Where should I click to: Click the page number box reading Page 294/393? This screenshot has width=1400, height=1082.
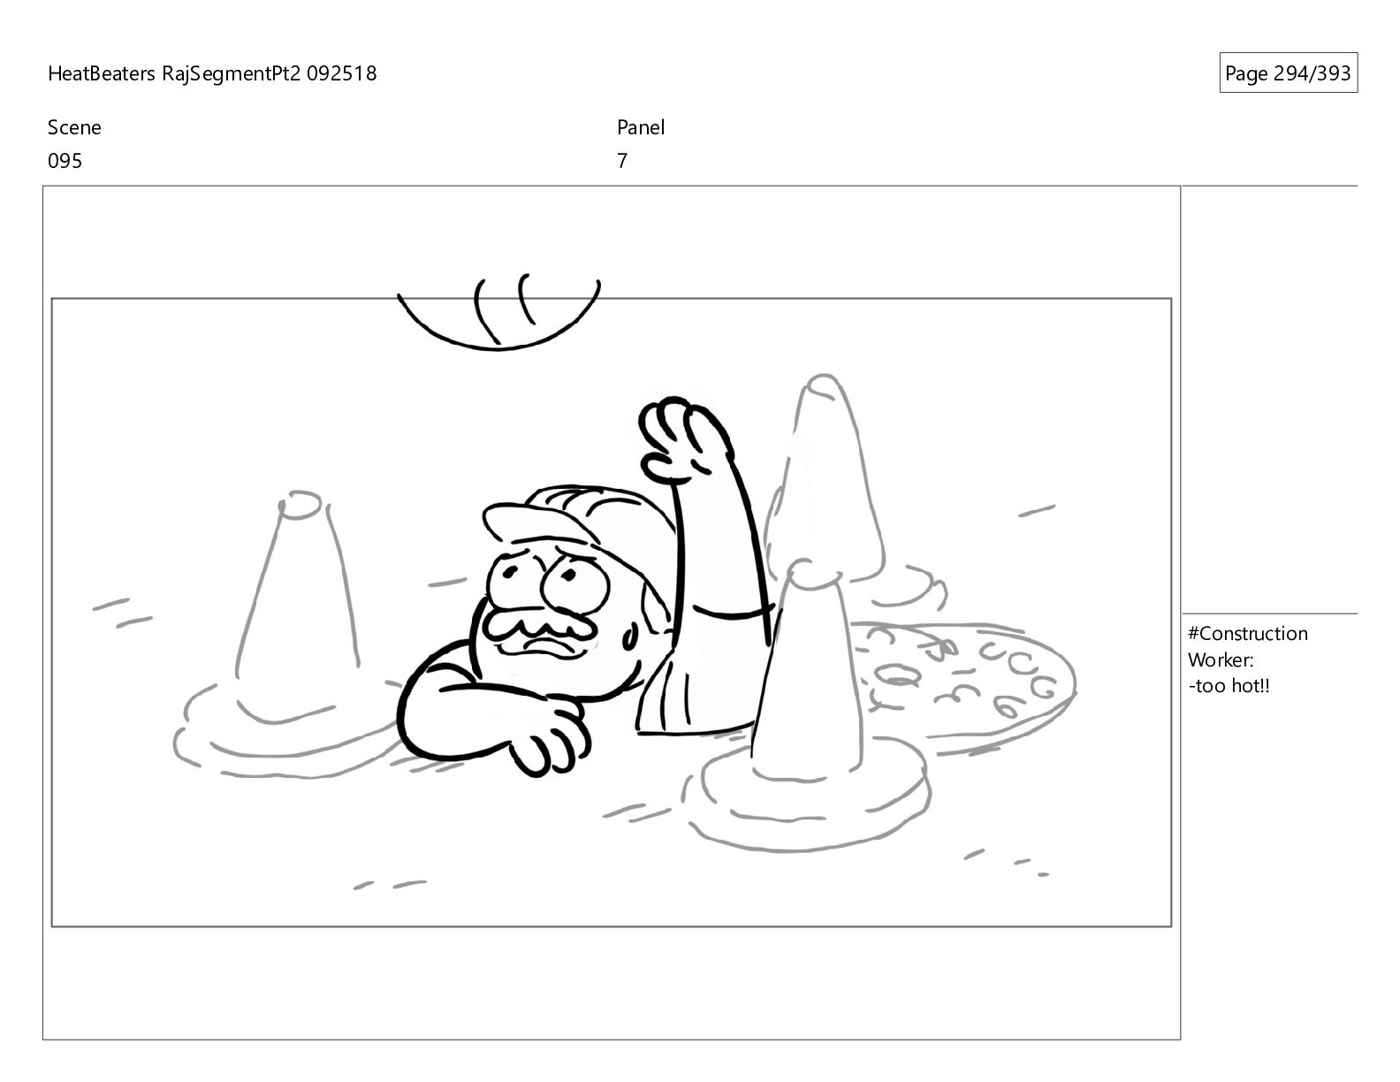tap(1287, 72)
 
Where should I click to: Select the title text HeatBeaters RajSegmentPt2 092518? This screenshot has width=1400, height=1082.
tap(212, 73)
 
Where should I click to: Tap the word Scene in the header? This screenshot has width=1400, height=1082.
tap(74, 127)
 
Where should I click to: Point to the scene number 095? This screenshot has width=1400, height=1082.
tap(65, 161)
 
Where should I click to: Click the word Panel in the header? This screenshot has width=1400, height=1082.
tap(641, 127)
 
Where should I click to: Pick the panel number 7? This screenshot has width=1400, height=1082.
tap(621, 161)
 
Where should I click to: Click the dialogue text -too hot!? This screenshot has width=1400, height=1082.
tap(1229, 686)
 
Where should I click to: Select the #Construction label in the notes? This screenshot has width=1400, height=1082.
tap(1247, 634)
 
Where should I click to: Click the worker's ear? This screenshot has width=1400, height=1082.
tap(631, 637)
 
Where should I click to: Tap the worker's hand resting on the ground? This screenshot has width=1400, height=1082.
tap(551, 740)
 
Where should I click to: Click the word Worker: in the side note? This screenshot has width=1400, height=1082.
tap(1221, 660)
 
